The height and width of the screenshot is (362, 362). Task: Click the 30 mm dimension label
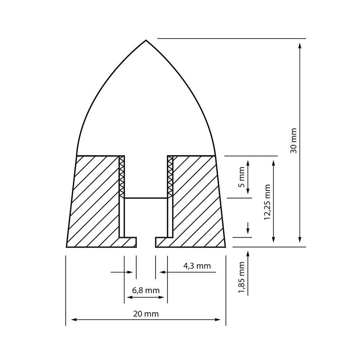[294, 140]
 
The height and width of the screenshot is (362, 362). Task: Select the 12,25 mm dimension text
[267, 202]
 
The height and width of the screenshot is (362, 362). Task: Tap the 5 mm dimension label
[242, 177]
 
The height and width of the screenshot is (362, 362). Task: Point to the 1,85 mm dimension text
[242, 277]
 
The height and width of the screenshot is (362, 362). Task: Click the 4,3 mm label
[197, 266]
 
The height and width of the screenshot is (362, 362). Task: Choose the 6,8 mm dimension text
[146, 291]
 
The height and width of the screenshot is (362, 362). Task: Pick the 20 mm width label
[146, 314]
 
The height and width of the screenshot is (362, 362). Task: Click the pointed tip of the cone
[146, 41]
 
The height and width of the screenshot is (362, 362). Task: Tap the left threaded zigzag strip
[121, 176]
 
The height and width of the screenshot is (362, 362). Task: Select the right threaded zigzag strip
[170, 176]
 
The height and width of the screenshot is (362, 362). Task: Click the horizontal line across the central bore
[146, 198]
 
